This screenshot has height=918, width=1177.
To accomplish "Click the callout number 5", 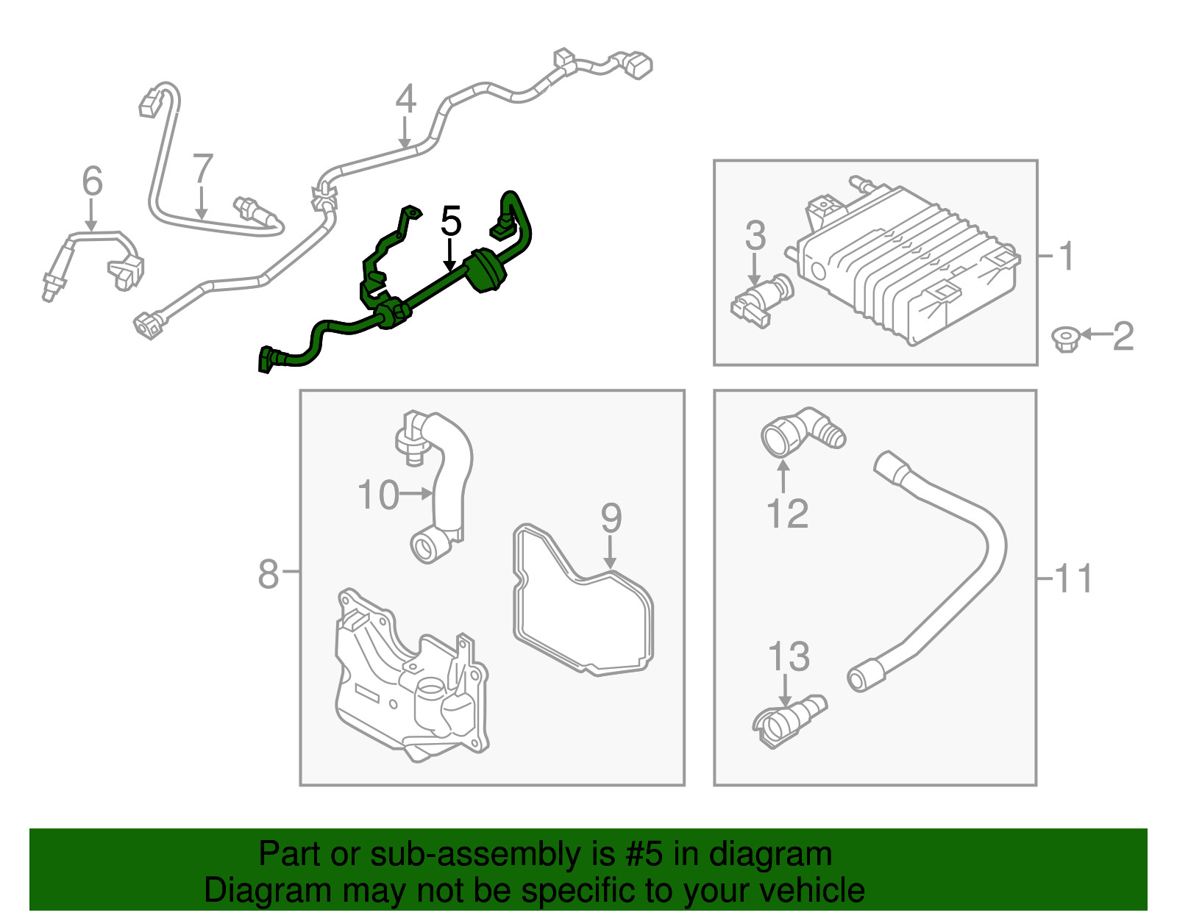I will pos(451,221).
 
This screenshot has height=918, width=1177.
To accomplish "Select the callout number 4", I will pos(405,100).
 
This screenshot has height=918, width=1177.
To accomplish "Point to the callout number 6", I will pos(92,181).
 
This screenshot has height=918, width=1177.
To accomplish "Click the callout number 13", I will pos(789,656).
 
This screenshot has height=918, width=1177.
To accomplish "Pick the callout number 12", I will pos(787,514).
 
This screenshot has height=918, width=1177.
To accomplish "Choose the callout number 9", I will pos(611,518).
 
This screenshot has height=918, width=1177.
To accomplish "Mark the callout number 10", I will pos(378,495).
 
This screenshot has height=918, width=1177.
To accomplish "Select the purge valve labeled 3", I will pos(762,299).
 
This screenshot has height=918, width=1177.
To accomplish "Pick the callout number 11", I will pos(1074,578).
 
